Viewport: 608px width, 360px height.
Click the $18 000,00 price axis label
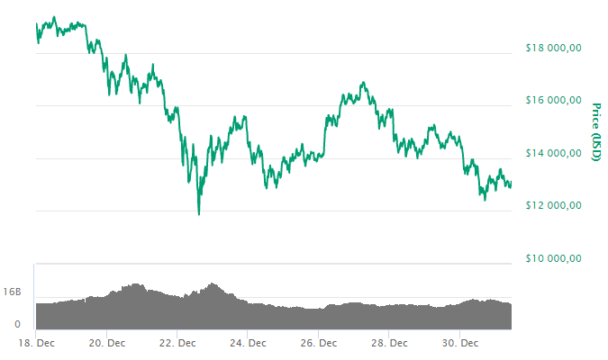coord(554,49)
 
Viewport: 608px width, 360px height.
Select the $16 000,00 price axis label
coord(554,101)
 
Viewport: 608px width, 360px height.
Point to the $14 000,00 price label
coord(554,154)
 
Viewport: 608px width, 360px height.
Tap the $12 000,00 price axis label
coord(554,206)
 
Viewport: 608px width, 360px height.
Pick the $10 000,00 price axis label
coord(554,259)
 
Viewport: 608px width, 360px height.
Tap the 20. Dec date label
coord(106,343)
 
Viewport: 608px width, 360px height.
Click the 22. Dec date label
coord(177,343)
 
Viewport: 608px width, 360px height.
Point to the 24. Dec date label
coord(248,343)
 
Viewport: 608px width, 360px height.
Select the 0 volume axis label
coord(17,324)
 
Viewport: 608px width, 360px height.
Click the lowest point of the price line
coord(198,214)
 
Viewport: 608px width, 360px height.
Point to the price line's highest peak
coord(55,17)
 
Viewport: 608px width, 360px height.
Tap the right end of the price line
coord(512,186)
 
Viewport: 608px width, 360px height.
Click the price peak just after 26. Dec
coord(363,83)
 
